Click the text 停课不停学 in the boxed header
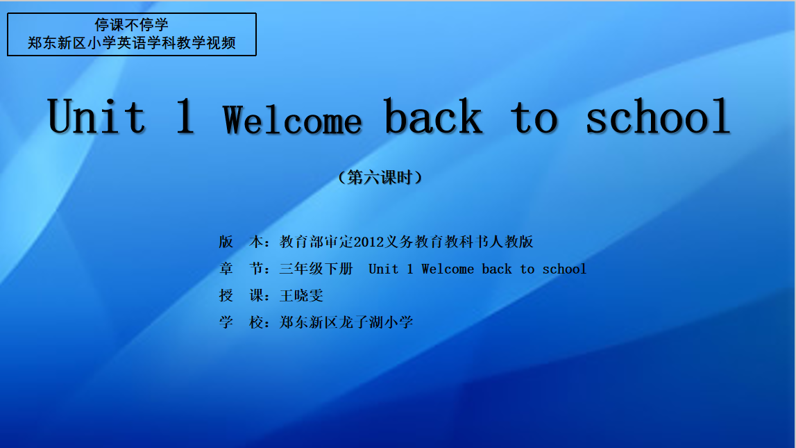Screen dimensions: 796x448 [x=131, y=25]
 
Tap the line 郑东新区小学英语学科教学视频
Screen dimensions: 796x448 [x=131, y=42]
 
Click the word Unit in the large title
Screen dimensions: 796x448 [x=96, y=116]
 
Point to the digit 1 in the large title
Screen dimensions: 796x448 [x=185, y=116]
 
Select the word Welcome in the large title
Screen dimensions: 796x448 [x=292, y=120]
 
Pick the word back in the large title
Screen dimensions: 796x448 [x=433, y=116]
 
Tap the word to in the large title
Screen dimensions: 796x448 [x=534, y=118]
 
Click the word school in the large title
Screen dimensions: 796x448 [x=658, y=116]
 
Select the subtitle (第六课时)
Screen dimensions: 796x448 [x=380, y=177]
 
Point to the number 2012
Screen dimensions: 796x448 [x=369, y=242]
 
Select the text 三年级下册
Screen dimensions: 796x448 [x=316, y=269]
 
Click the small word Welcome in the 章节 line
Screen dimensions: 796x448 [x=448, y=269]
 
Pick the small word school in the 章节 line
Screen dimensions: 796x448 [x=564, y=269]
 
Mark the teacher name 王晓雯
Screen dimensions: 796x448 [x=301, y=296]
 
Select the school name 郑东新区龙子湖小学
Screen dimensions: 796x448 [x=346, y=322]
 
